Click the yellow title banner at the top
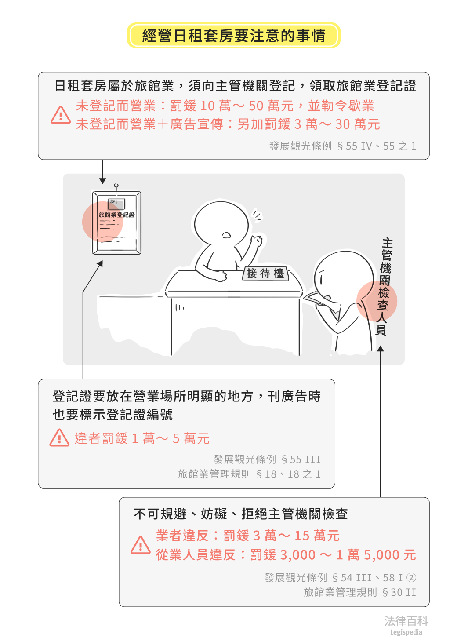coord(234,35)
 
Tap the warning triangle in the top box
coord(61,115)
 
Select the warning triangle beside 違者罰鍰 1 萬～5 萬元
coord(59,438)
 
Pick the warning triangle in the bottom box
coord(140,545)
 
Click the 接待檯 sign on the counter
coord(265,274)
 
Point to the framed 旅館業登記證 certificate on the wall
coord(116,223)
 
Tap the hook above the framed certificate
coord(116,187)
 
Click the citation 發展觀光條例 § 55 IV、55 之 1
coord(343,146)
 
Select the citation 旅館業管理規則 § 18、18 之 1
coord(249,474)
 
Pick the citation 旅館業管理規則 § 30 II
coord(360,592)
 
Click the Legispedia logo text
coord(406,632)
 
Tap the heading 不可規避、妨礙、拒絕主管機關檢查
coord(240,514)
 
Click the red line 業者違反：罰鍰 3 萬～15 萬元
coord(248,536)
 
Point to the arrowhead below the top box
coord(102,181)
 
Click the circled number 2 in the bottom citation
coord(411,577)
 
